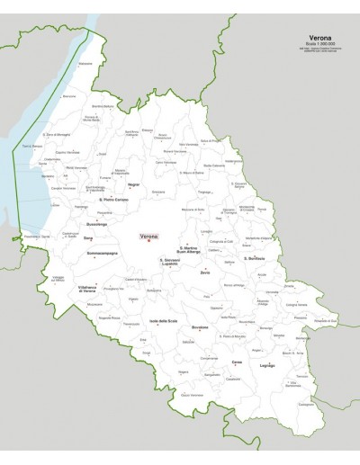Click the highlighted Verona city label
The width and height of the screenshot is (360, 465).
[x=148, y=236]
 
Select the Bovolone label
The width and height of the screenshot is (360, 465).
[x=200, y=327]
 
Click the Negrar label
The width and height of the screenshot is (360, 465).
[x=135, y=183]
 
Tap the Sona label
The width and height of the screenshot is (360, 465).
[x=88, y=238]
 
